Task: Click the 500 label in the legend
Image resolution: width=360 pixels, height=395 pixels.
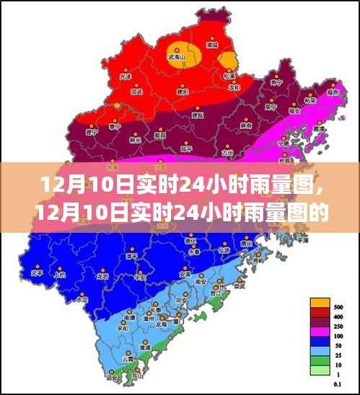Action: click(x=338, y=307)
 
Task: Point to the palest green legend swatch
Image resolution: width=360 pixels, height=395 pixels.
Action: click(x=320, y=370)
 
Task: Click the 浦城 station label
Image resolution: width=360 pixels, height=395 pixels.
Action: click(x=211, y=44)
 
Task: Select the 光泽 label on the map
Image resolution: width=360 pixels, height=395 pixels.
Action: click(x=126, y=76)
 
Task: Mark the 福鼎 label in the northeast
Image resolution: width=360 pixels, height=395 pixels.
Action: click(x=333, y=93)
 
